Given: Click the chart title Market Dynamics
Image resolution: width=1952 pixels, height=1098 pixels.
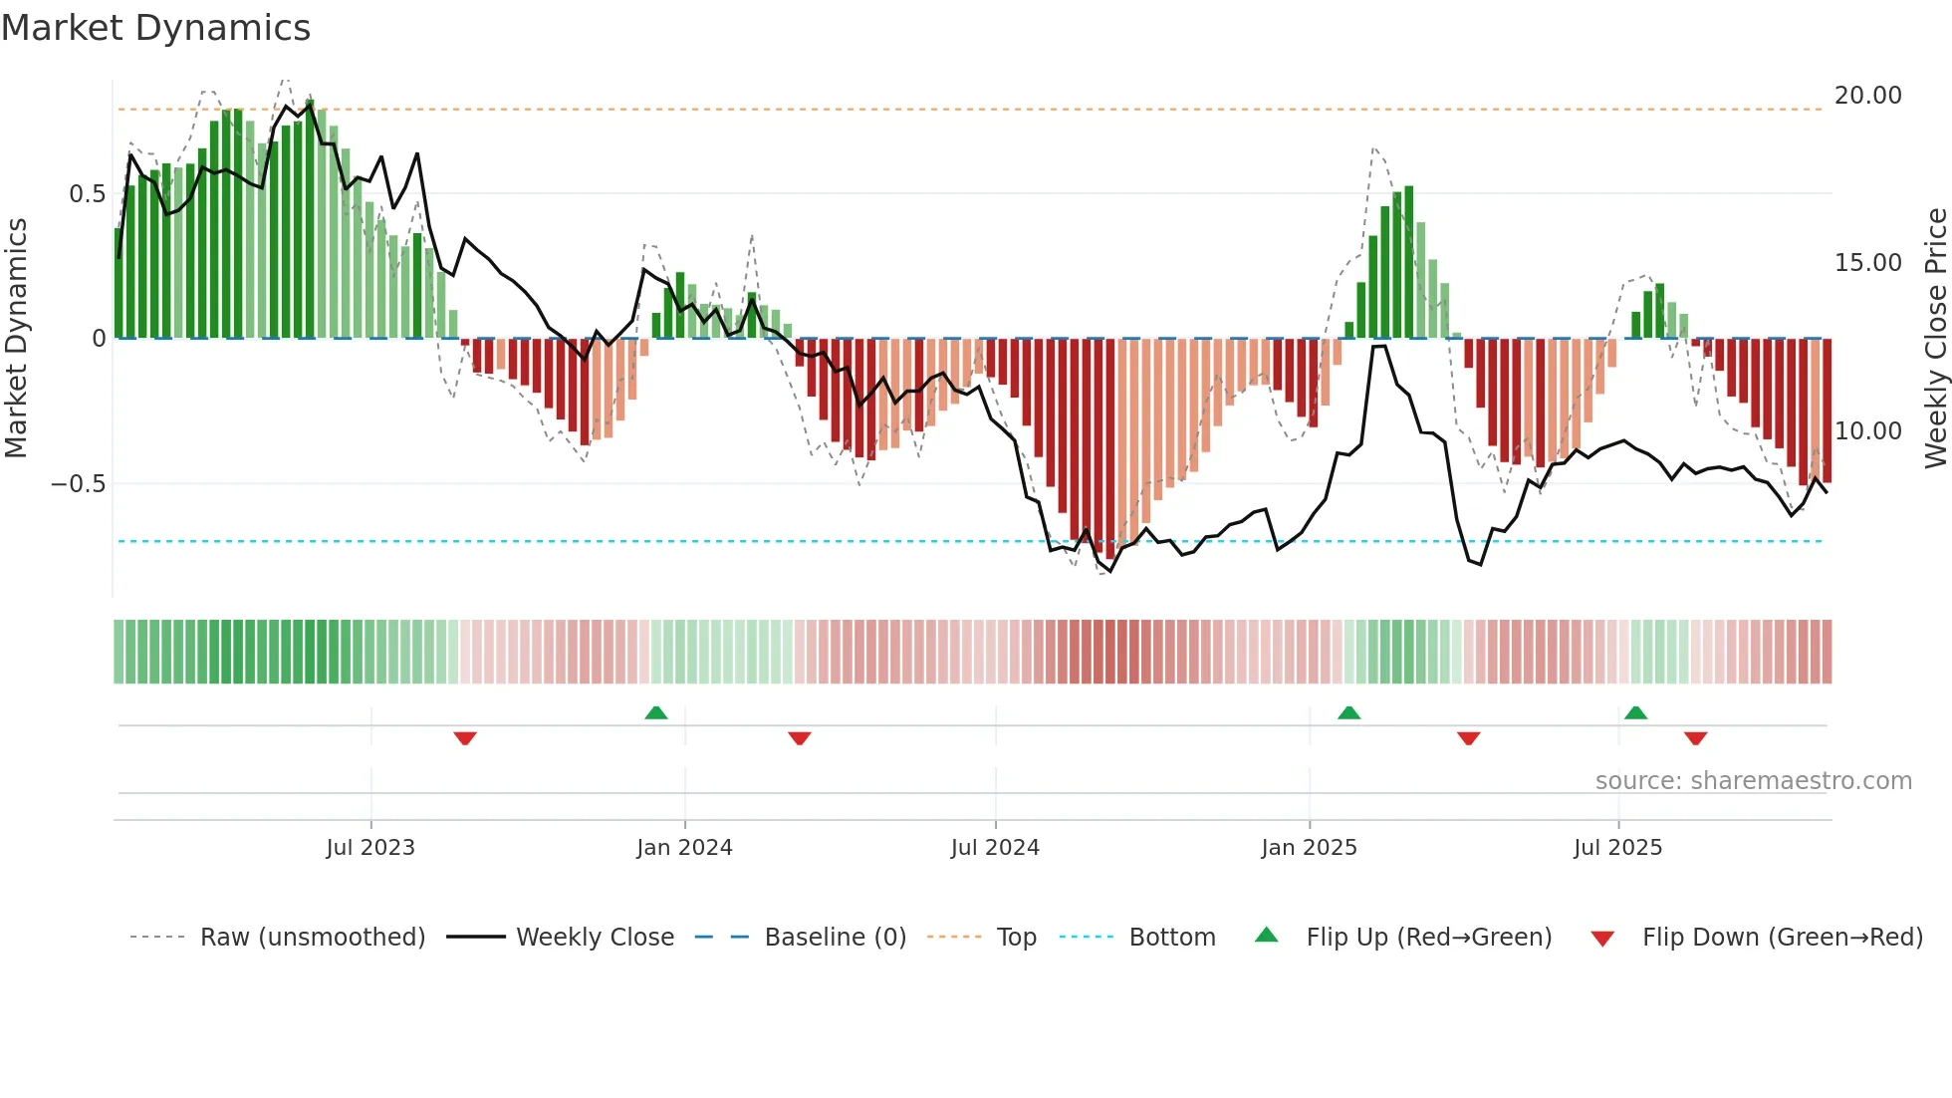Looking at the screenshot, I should (x=155, y=28).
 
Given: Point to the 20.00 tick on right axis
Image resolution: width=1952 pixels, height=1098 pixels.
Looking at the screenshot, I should (x=1867, y=96).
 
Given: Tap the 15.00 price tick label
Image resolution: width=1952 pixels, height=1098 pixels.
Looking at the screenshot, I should (x=1867, y=263).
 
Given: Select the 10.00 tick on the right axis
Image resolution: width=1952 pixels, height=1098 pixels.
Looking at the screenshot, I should (x=1867, y=431).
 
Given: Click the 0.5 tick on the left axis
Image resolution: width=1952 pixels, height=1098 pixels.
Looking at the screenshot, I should (x=87, y=194).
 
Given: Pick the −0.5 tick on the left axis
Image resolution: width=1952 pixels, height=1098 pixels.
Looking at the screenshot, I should (x=78, y=484).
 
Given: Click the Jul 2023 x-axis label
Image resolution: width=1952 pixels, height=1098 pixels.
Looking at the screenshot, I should (x=370, y=848).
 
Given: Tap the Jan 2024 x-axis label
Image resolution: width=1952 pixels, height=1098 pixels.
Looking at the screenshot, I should (x=684, y=848).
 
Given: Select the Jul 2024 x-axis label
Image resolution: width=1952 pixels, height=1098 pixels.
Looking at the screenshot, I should (x=995, y=848).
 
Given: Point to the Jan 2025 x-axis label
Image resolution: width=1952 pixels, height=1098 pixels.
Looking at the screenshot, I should (x=1309, y=848).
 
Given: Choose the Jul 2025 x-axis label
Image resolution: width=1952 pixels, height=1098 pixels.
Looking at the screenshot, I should (x=1617, y=848).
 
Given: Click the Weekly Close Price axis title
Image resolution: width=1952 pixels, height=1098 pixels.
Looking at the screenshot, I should (x=1935, y=339).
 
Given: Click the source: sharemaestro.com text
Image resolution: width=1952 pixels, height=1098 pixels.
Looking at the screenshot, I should (x=1753, y=781).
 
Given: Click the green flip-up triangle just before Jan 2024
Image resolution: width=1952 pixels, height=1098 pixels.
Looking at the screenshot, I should (x=655, y=712).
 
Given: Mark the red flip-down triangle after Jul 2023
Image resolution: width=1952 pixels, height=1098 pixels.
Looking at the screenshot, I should (x=465, y=738).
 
